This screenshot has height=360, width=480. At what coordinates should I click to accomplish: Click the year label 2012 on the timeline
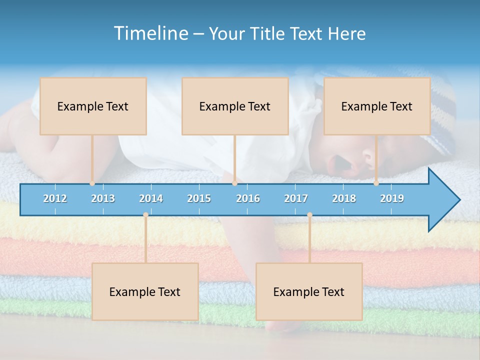coord(55,198)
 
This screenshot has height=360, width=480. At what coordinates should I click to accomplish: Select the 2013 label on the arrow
coord(103,198)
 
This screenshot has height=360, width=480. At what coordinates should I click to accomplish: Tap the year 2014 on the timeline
coord(151,198)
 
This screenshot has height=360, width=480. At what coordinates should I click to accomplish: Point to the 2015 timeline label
coord(199,198)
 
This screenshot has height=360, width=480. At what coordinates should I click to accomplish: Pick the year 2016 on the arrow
coord(248,198)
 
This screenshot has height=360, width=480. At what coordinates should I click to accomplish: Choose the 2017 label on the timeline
coord(296,198)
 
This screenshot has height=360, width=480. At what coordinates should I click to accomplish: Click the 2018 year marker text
coord(344,198)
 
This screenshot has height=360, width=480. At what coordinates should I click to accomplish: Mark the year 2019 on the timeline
coord(392,198)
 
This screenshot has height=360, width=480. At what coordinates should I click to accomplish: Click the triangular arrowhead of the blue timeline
coord(443,200)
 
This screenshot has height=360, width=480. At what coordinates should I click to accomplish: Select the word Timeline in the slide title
coord(150,33)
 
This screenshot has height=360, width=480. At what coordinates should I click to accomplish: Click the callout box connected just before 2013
coord(93,106)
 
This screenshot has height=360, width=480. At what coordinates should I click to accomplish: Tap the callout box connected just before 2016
coord(235,106)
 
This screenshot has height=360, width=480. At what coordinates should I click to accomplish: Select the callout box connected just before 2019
coord(377,106)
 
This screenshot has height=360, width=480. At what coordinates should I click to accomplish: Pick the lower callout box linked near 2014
coord(145,291)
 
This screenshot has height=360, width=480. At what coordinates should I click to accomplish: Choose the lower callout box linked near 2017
coord(309,291)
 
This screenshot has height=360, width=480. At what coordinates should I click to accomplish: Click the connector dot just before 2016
coord(235,183)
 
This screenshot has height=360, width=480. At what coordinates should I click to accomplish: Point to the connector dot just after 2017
coord(309,214)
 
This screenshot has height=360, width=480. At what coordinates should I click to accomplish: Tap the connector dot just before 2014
coord(145,214)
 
